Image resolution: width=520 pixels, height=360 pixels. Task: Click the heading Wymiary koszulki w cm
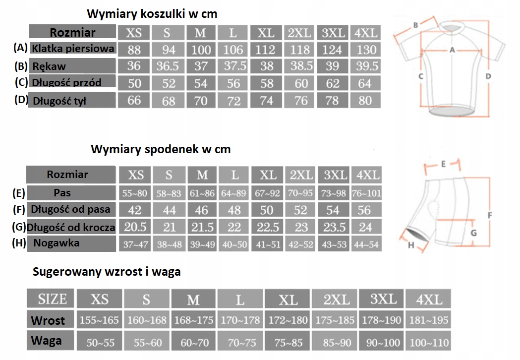152,13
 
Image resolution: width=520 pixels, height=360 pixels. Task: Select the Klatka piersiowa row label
73,49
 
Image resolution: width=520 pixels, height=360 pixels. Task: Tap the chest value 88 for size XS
134,50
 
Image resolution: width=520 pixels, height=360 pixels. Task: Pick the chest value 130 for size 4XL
366,50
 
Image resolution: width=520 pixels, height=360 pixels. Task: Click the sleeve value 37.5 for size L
233,66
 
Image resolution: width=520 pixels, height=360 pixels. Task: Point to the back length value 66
134,101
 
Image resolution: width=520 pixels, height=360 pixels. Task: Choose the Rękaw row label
50,66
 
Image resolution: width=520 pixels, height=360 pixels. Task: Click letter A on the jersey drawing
452,50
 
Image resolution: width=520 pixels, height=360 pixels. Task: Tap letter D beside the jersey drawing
488,76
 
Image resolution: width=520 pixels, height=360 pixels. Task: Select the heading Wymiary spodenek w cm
161,149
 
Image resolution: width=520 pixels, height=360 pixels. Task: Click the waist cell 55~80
135,193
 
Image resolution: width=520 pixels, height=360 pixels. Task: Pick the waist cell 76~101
366,193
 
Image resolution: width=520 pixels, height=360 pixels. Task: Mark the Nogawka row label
57,243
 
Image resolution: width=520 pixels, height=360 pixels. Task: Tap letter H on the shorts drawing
411,244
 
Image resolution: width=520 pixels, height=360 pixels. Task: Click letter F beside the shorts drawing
490,215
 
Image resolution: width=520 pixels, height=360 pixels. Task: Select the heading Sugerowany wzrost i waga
107,271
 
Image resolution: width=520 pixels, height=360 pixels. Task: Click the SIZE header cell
53,299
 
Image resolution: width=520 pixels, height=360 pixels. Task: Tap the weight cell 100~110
429,342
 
